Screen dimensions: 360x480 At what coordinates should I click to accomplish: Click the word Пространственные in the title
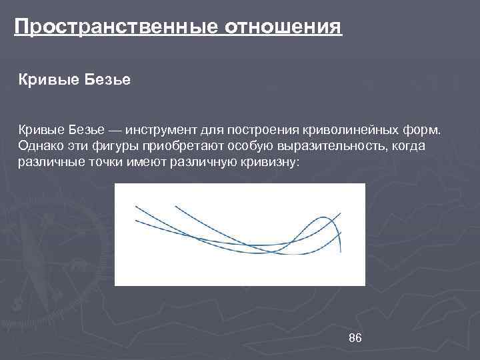click(117, 28)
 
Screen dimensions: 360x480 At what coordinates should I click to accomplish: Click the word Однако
click(40, 146)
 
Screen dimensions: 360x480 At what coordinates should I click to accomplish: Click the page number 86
click(355, 339)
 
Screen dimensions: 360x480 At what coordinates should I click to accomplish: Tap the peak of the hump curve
click(324, 218)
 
